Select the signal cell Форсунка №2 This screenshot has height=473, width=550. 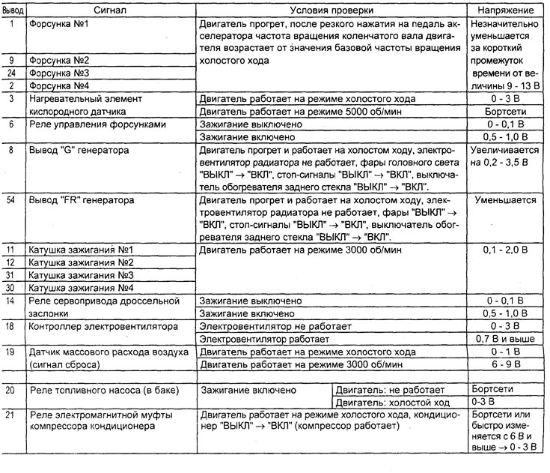pos(58,60)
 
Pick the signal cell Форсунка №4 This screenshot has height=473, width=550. pos(58,85)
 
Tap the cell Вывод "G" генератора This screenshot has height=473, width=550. pos(78,150)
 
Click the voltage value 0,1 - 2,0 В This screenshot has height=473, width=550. pos(505,250)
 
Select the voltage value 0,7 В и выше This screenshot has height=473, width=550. pos(505,340)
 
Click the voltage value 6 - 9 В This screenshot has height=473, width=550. pos(505,365)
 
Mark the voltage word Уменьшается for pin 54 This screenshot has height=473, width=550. pos(505,200)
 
